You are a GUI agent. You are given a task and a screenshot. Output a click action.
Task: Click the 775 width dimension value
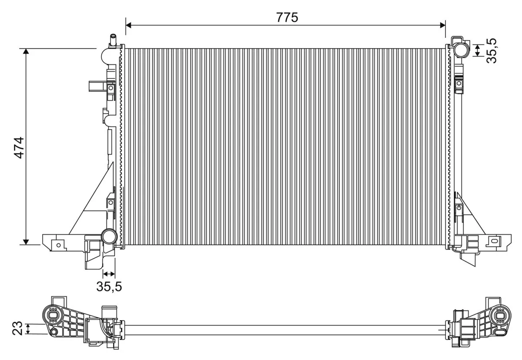[x=287, y=17]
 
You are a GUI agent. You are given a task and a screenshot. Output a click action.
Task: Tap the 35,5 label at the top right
[x=492, y=51]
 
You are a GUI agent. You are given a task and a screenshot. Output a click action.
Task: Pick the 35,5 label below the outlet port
[x=109, y=287]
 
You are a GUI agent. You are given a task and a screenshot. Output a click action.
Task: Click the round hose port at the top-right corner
[x=460, y=50]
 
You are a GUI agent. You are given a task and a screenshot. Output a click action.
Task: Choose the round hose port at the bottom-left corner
[x=108, y=237]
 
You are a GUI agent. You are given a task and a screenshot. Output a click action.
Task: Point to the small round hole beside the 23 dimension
[x=54, y=333]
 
